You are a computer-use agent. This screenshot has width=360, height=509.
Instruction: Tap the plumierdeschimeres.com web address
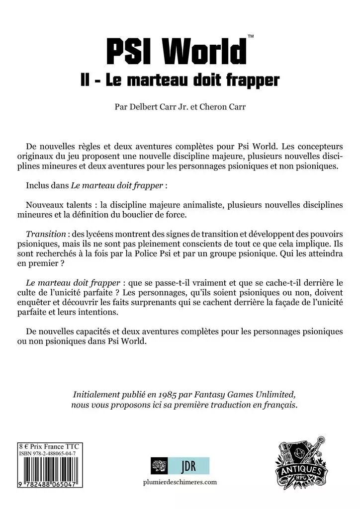(180, 482)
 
